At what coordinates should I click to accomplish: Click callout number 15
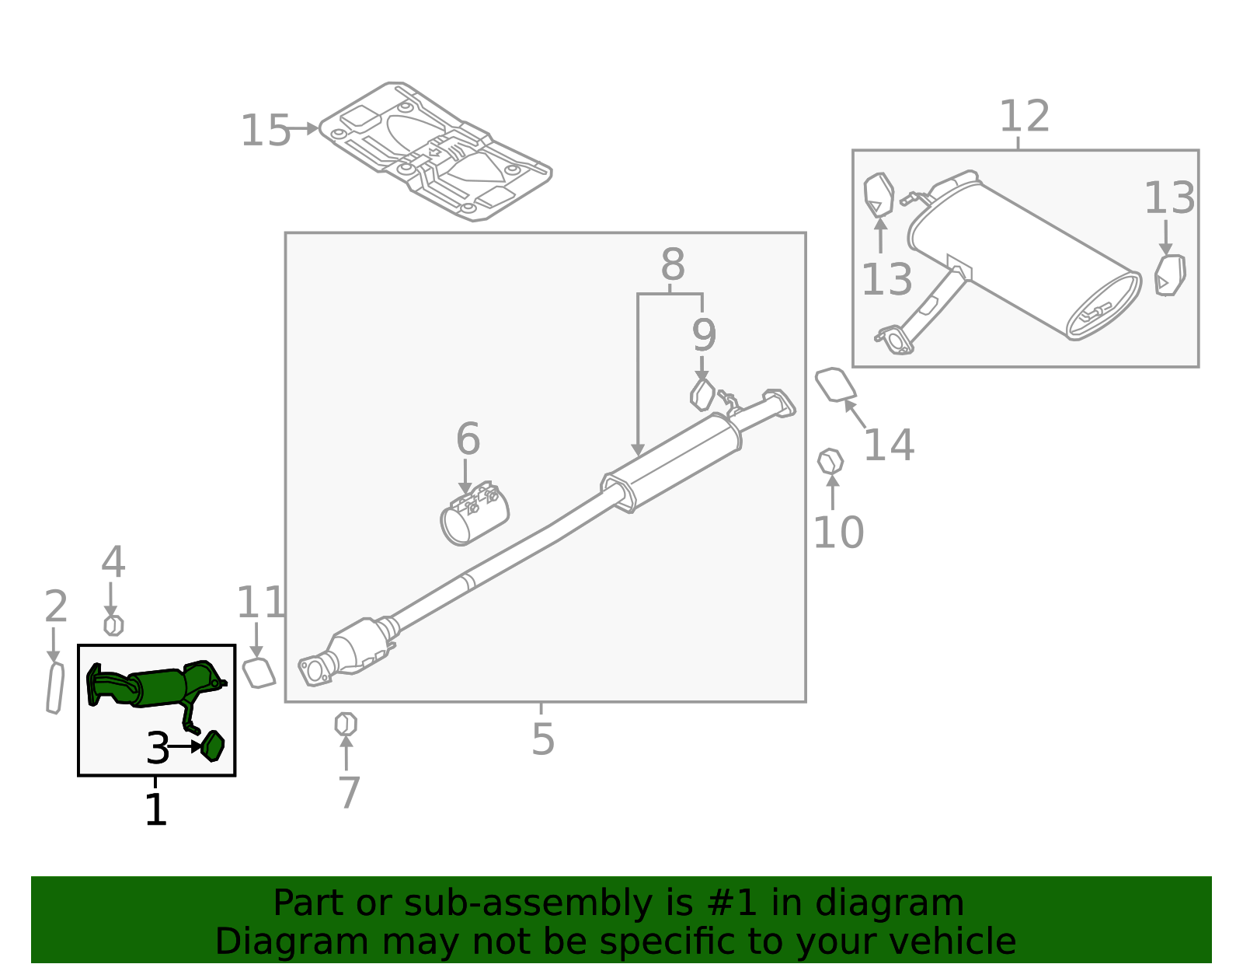click(265, 131)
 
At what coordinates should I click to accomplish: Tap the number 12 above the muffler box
click(1024, 117)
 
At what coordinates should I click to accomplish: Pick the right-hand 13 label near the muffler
click(1169, 198)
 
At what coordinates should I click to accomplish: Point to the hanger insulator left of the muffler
click(879, 194)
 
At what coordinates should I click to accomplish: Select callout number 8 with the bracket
click(673, 265)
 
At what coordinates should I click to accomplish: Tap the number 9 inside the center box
click(704, 336)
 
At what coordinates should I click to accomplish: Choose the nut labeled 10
click(830, 461)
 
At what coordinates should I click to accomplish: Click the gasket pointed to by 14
click(835, 385)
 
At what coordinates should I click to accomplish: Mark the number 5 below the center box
click(543, 739)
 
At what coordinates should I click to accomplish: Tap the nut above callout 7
click(346, 725)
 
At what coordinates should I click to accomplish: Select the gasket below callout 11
click(259, 672)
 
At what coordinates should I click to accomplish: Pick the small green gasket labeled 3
click(213, 746)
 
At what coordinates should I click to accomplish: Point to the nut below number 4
click(113, 625)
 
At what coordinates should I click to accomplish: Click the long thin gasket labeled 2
click(54, 688)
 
